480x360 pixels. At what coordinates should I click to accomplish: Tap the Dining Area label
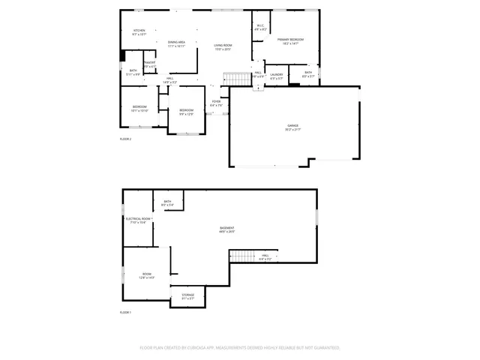click(177, 43)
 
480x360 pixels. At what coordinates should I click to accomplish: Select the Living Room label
click(223, 46)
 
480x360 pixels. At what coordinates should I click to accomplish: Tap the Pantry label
click(149, 64)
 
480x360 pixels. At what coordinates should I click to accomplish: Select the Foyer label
click(216, 103)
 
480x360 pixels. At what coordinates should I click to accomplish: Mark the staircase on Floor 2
click(238, 79)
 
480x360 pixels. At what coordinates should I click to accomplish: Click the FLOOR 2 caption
click(125, 139)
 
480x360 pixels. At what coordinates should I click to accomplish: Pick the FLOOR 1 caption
click(125, 312)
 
